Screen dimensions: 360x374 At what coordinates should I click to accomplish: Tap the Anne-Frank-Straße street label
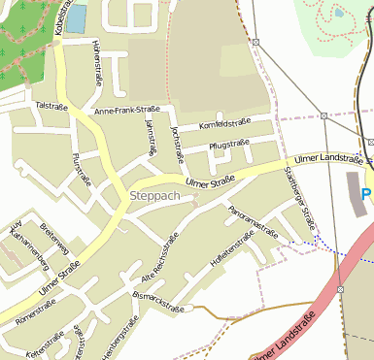point(127,112)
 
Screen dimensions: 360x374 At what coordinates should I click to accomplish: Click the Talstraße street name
point(49,104)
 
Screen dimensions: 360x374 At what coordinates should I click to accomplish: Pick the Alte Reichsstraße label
point(162,255)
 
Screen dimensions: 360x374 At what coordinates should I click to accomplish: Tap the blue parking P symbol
point(367,195)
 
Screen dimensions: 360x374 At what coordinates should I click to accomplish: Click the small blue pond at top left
point(76,17)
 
